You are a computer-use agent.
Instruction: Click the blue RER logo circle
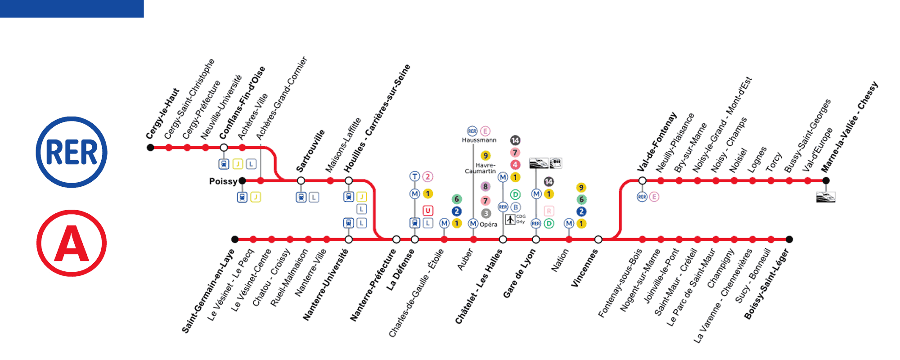click(72, 152)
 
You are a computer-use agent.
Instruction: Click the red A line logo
click(72, 243)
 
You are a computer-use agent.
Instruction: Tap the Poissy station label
click(223, 181)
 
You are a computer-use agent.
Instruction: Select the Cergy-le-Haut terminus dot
click(150, 148)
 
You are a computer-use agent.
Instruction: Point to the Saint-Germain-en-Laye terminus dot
click(234, 239)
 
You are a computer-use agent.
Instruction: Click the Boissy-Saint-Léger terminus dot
click(789, 239)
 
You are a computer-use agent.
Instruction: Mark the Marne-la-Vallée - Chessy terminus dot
click(826, 180)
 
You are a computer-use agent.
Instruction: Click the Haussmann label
click(479, 140)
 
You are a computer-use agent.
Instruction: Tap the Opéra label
click(488, 224)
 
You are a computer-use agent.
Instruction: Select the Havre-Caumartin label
click(481, 168)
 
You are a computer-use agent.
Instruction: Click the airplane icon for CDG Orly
click(510, 220)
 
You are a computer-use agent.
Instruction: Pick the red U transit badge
click(427, 210)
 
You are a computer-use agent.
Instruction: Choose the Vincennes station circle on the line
click(598, 239)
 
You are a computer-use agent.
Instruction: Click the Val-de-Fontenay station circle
click(642, 180)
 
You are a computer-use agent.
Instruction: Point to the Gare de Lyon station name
click(519, 274)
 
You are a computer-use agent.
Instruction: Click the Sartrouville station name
click(310, 151)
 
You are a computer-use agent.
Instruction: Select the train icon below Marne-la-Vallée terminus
click(826, 197)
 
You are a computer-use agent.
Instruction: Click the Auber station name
click(465, 260)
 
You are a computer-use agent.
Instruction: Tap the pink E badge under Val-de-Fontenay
click(654, 197)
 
